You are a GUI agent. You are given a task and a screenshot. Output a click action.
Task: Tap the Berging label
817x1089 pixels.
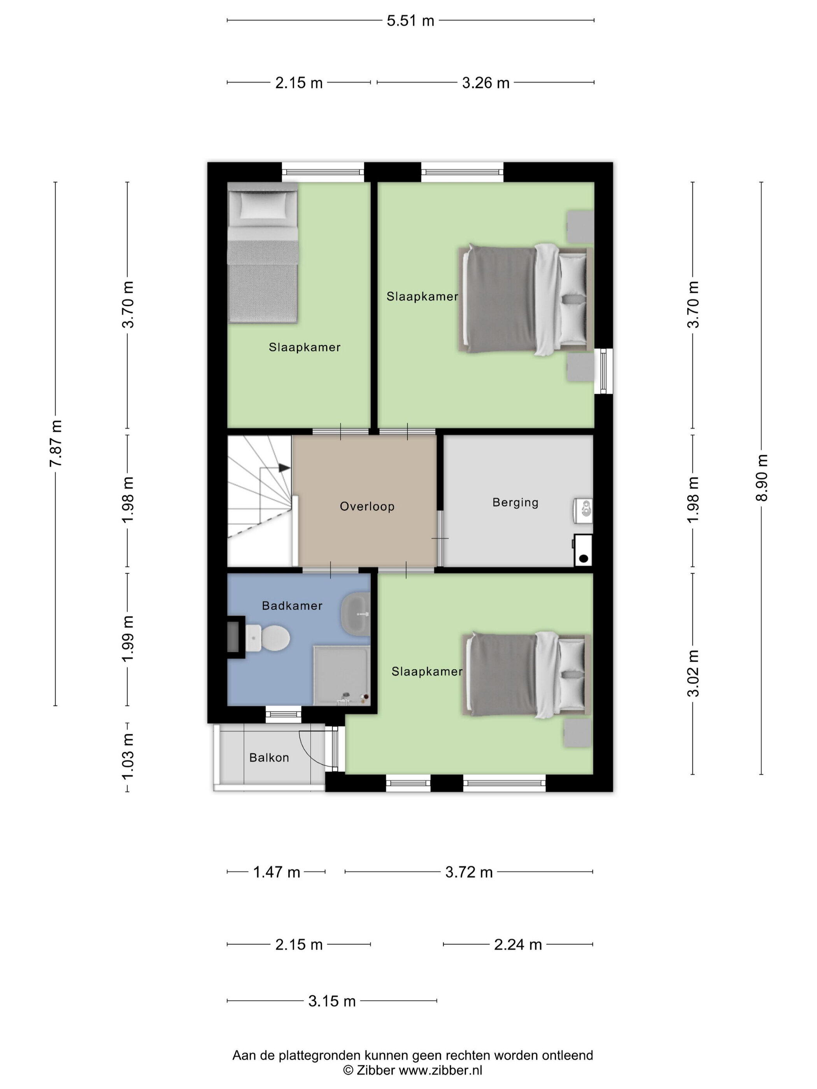pyautogui.click(x=515, y=502)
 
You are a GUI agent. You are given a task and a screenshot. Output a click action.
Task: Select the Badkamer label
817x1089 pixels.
pyautogui.click(x=292, y=606)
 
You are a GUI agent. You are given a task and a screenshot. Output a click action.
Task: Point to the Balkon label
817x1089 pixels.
pyautogui.click(x=269, y=758)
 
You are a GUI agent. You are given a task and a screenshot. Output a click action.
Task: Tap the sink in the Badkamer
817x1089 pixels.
pyautogui.click(x=355, y=615)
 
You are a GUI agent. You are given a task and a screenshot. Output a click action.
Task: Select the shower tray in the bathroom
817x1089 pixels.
pyautogui.click(x=342, y=676)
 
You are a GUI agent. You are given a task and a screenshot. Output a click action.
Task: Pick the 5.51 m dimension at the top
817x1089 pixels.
pyautogui.click(x=410, y=21)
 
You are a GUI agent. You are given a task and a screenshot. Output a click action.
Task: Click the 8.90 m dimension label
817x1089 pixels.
pyautogui.click(x=761, y=478)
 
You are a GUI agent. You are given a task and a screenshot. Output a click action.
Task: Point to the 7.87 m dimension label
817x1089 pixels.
pyautogui.click(x=55, y=444)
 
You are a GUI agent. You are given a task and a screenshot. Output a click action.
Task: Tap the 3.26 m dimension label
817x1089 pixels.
pyautogui.click(x=486, y=83)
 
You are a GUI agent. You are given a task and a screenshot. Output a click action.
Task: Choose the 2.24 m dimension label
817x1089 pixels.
pyautogui.click(x=518, y=945)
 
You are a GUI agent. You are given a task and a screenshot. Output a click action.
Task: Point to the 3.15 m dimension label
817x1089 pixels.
pyautogui.click(x=332, y=1001)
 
